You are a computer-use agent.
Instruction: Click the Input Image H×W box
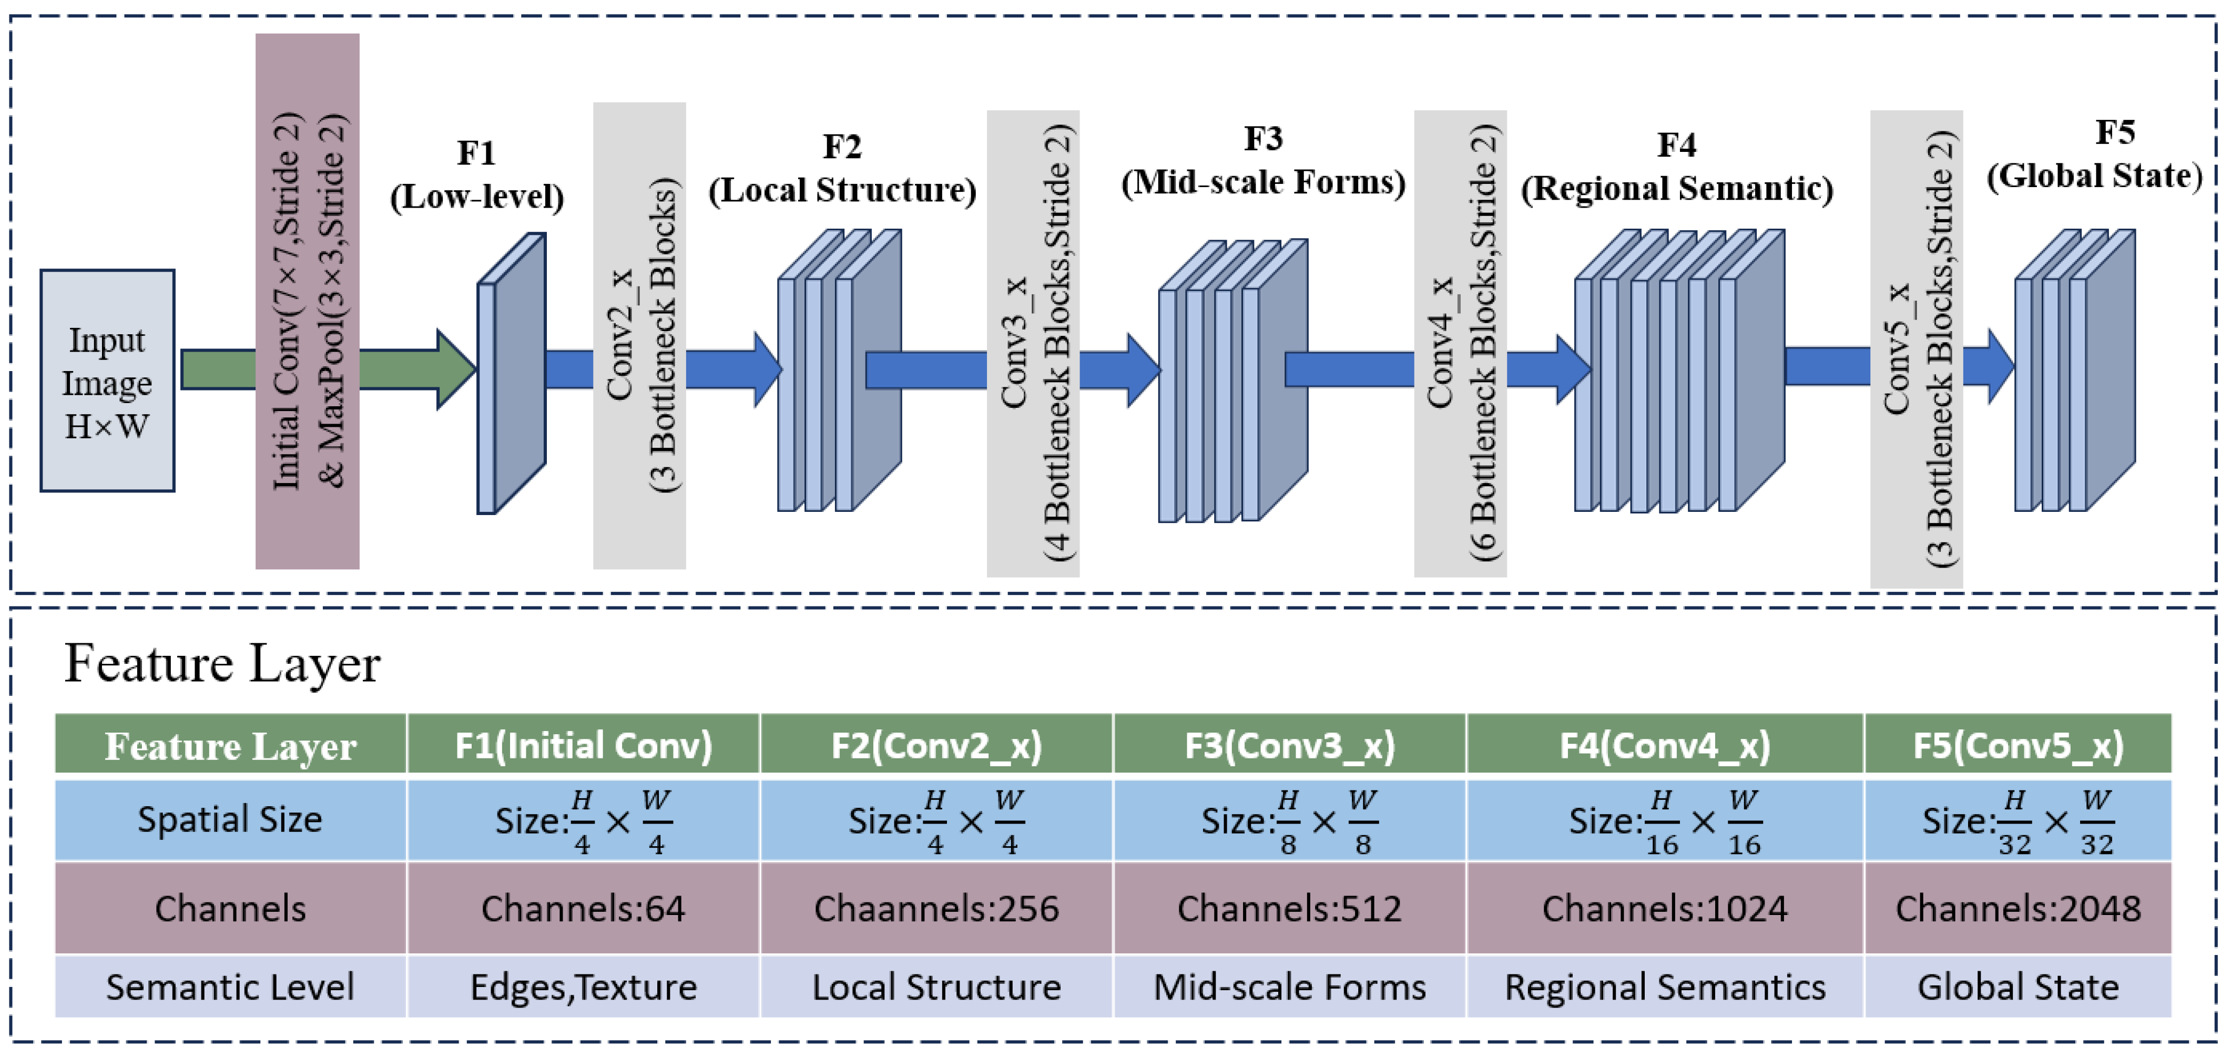tap(107, 381)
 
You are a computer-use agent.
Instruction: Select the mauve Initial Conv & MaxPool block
tap(308, 301)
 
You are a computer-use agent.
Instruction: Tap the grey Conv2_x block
tap(639, 336)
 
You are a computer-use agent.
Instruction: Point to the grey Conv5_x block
tap(1917, 349)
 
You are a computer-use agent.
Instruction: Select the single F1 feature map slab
tap(512, 373)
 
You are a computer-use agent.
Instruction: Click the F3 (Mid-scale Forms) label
tap(1264, 160)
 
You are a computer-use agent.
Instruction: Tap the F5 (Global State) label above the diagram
tap(2094, 154)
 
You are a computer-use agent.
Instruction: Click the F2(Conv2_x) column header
tap(936, 745)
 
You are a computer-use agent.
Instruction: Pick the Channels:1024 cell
tap(1665, 908)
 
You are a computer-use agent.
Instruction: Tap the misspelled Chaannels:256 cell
tap(936, 908)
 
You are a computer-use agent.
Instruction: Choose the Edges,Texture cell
tap(584, 986)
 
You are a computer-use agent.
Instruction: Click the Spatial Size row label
tap(230, 819)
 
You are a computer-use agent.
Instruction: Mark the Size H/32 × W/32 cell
tap(2018, 820)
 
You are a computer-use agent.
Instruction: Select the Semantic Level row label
tap(230, 986)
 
